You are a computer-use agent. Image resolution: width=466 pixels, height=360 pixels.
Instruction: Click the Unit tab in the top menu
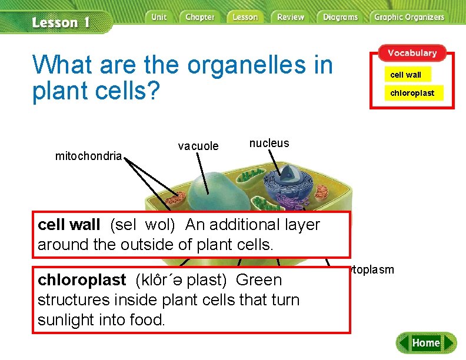[x=159, y=17]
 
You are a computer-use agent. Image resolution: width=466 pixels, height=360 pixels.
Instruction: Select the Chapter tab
[x=200, y=17]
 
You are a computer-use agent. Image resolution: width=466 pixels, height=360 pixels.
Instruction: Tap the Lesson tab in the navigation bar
[x=245, y=17]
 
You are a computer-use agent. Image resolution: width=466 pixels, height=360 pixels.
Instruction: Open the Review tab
[x=291, y=17]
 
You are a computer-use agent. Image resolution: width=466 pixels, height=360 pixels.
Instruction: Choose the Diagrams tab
[x=340, y=17]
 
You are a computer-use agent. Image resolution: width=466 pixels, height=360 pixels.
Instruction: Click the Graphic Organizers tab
[x=409, y=17]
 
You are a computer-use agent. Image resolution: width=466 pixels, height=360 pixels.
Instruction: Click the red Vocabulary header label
[x=412, y=53]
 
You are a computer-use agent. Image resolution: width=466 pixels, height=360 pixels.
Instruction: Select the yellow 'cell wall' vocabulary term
[x=406, y=75]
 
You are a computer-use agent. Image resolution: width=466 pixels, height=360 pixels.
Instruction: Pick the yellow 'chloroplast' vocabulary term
[x=412, y=93]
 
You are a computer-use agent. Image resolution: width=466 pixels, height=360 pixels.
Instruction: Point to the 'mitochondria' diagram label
[x=88, y=156]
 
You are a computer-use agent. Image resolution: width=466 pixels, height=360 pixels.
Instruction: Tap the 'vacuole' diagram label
[x=198, y=146]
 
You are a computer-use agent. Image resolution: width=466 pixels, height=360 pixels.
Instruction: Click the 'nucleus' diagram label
[x=269, y=143]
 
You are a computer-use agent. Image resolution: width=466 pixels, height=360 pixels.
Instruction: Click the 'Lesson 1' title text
[x=61, y=23]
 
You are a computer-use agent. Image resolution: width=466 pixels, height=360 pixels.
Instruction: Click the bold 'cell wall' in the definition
[x=68, y=225]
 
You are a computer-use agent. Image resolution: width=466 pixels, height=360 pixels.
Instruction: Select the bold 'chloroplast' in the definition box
[x=82, y=280]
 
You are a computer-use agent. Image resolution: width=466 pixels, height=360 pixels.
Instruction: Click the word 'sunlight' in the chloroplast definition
[x=68, y=320]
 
